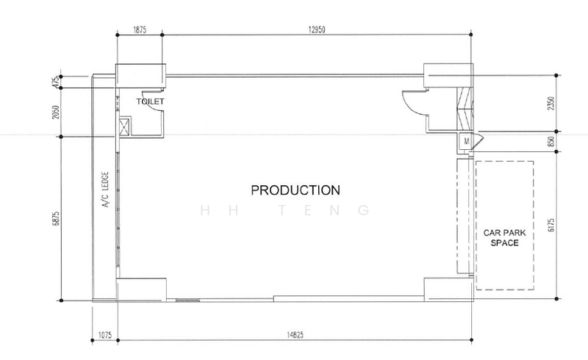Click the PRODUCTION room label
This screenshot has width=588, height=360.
tap(295, 190)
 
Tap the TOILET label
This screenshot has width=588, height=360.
tap(150, 101)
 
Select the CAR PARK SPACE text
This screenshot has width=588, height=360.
tap(504, 238)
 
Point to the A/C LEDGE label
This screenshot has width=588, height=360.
tap(105, 190)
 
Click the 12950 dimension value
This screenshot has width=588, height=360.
tap(317, 29)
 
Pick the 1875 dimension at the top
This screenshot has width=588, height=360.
tap(140, 29)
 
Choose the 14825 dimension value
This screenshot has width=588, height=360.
tap(295, 335)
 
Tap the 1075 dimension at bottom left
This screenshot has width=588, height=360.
tap(105, 335)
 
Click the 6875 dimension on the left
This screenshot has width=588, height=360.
tap(56, 219)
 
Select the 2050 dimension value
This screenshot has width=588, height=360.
tap(56, 112)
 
